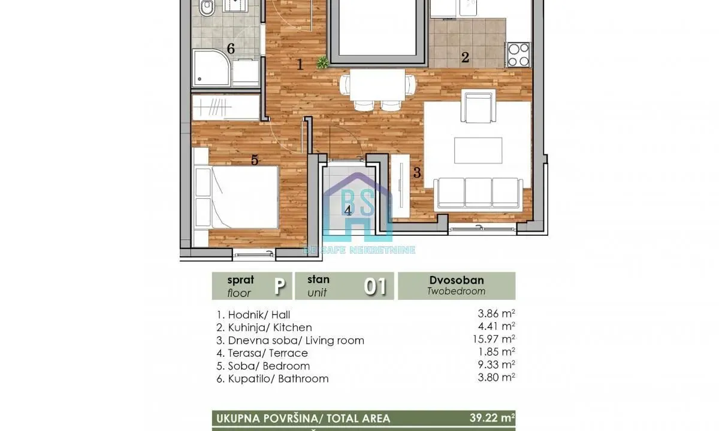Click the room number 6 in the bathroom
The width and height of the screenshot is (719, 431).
point(230,48)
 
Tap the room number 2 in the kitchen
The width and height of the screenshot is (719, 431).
point(464,58)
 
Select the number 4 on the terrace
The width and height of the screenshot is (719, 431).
point(348,210)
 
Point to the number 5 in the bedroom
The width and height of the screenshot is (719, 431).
point(255,160)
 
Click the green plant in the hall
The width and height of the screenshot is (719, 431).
point(323,62)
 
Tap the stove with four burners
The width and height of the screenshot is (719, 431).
point(519,54)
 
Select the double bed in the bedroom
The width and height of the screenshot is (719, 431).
point(237,197)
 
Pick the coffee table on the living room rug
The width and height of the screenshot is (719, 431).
point(478,150)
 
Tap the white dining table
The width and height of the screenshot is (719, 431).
point(376,84)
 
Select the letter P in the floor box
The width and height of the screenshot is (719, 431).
point(279,286)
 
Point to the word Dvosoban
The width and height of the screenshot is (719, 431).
point(457,280)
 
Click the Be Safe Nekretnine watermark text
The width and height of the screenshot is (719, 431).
point(359,250)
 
